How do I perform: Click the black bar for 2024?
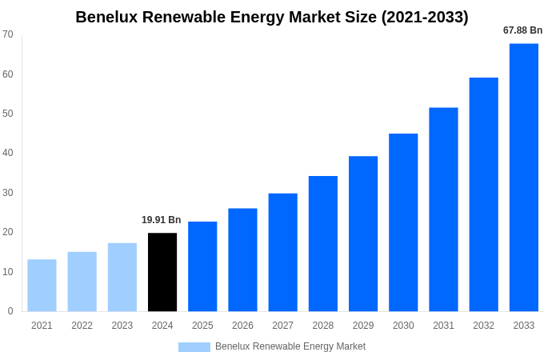(162, 272)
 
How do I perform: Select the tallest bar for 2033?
(523, 178)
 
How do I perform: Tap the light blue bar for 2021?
(42, 285)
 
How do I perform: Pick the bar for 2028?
(323, 243)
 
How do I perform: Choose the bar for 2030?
(403, 222)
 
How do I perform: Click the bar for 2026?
(242, 260)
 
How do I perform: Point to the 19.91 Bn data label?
(162, 220)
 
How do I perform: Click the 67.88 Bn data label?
(522, 30)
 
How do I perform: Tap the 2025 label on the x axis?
(202, 326)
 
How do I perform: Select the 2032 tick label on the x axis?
(483, 326)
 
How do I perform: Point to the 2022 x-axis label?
(82, 326)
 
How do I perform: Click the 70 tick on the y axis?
(8, 34)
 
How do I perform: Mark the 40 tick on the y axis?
(8, 153)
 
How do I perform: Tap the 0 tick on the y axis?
(10, 311)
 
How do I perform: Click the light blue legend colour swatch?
(194, 347)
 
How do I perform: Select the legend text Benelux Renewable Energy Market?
(290, 346)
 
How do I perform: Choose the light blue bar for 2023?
(122, 277)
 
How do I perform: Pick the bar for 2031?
(443, 210)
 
